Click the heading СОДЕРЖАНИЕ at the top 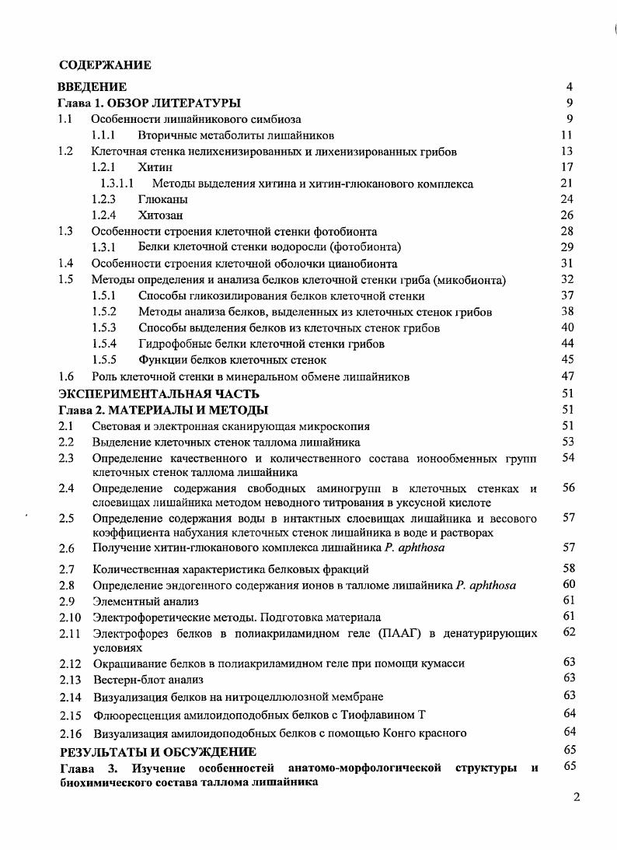106,65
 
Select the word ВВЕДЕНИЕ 93,86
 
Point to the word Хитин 155,167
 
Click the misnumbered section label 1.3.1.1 117,184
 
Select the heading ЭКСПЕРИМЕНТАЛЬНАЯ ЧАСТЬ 159,394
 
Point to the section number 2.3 66,458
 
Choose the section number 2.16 70,733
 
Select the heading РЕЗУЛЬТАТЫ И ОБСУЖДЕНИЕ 158,751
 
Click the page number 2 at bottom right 576,796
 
